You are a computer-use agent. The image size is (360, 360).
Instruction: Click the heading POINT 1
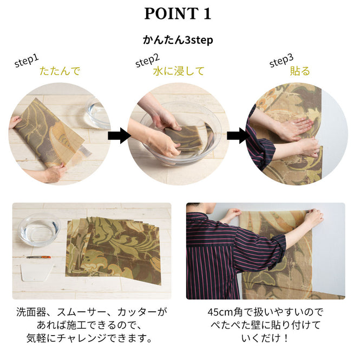pyautogui.click(x=178, y=14)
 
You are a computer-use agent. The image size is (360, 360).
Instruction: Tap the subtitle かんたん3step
pyautogui.click(x=178, y=40)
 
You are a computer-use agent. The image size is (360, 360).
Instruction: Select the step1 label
pyautogui.click(x=27, y=61)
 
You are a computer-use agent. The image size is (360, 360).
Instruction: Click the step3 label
pyautogui.click(x=281, y=61)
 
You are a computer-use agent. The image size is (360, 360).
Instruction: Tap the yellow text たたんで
pyautogui.click(x=60, y=71)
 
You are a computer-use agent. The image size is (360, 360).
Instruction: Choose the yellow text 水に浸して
pyautogui.click(x=178, y=71)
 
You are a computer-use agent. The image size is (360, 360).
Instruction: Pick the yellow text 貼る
pyautogui.click(x=300, y=71)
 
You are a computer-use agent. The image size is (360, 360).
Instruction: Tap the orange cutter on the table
pyautogui.click(x=38, y=257)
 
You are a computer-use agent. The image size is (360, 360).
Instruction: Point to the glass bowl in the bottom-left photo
pyautogui.click(x=38, y=230)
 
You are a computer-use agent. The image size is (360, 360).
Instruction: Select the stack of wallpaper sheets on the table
pyautogui.click(x=114, y=246)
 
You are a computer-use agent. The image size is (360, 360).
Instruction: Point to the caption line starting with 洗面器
pyautogui.click(x=91, y=312)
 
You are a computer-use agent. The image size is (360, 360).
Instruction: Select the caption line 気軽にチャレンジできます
pyautogui.click(x=91, y=338)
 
